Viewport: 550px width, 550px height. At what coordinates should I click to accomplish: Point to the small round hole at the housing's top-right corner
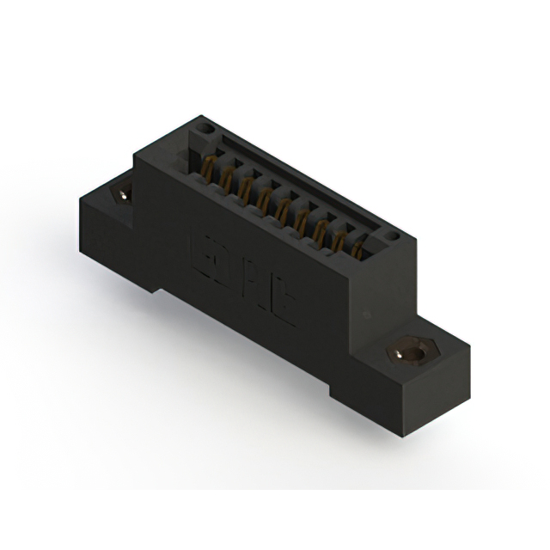click(x=392, y=234)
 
